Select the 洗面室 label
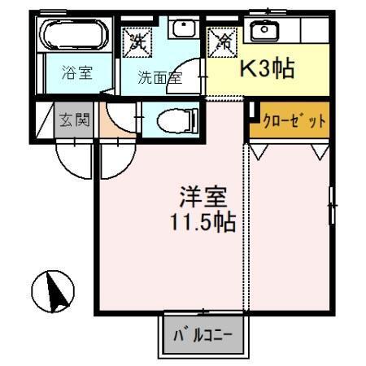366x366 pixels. coord(159,78)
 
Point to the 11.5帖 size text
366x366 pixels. coord(203,221)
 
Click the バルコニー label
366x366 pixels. coord(203,334)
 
